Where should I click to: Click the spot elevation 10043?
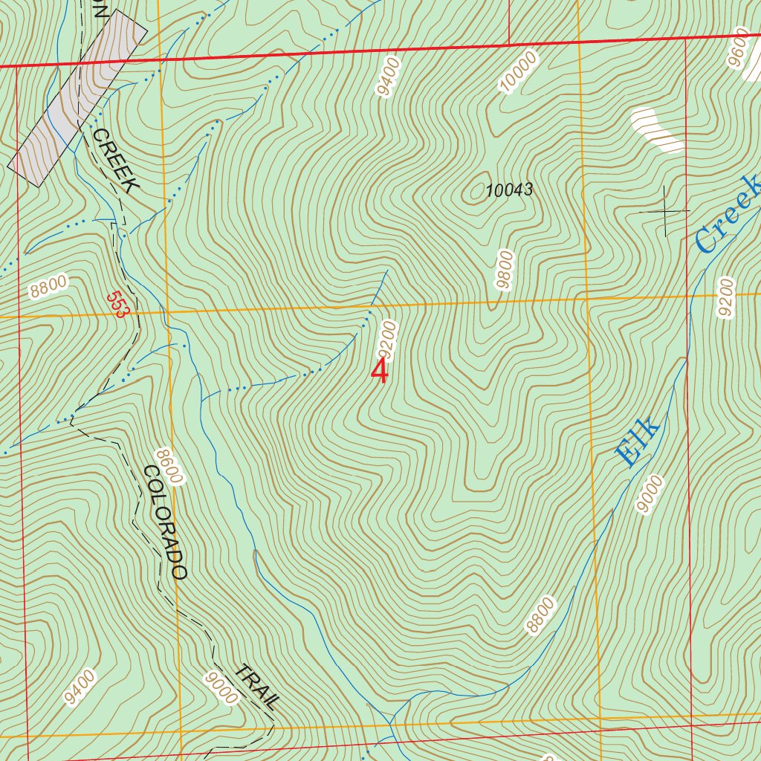pyautogui.click(x=509, y=190)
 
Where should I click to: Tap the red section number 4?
pyautogui.click(x=379, y=372)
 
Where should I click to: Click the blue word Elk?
pyautogui.click(x=638, y=443)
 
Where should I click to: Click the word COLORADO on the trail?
pyautogui.click(x=165, y=522)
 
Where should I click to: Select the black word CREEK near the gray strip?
pyautogui.click(x=115, y=161)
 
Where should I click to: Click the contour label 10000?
pyautogui.click(x=518, y=72)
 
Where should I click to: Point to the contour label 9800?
pyautogui.click(x=505, y=271)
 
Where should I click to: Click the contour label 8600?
pyautogui.click(x=169, y=466)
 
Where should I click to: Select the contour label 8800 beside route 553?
pyautogui.click(x=50, y=286)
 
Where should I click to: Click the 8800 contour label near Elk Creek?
pyautogui.click(x=541, y=615)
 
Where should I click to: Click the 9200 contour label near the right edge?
pyautogui.click(x=725, y=297)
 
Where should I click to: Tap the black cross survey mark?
pyautogui.click(x=664, y=212)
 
